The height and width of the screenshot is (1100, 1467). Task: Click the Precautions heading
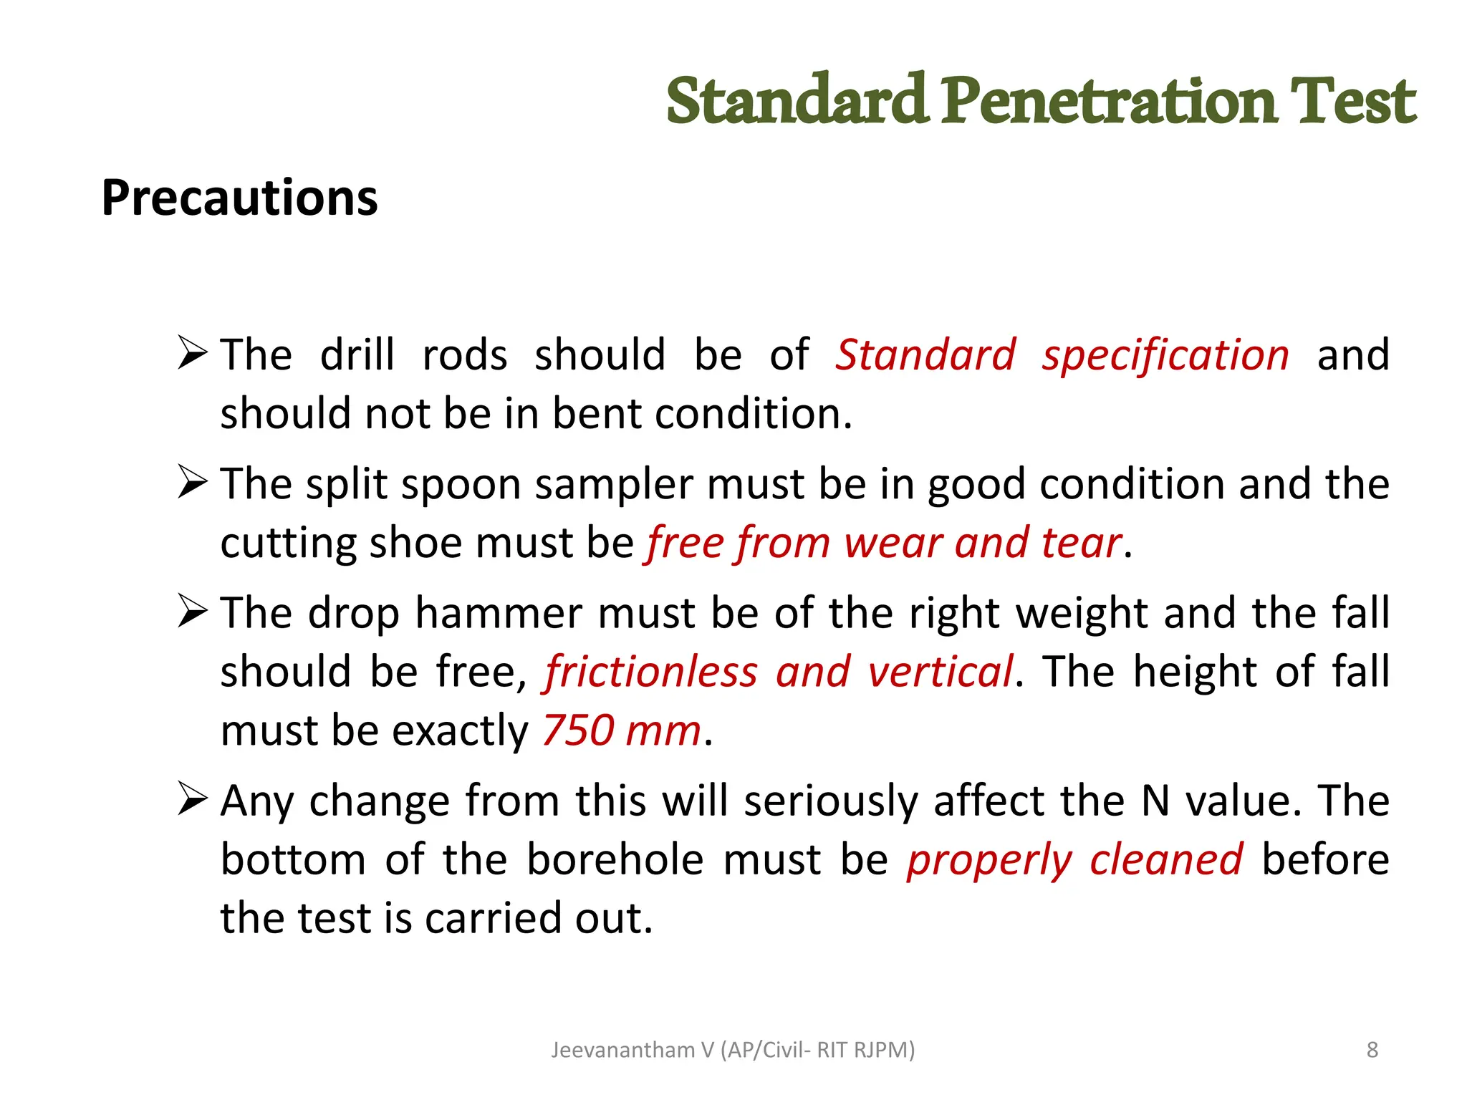[x=239, y=198]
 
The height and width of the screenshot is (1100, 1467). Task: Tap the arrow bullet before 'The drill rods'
[x=193, y=353]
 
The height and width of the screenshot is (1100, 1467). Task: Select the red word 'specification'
[x=1165, y=356]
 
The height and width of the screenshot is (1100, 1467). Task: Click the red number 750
[x=578, y=730]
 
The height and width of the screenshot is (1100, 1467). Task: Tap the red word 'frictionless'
[x=650, y=672]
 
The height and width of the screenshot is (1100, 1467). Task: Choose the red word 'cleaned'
[x=1165, y=859]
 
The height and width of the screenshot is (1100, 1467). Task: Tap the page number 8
[x=1372, y=1050]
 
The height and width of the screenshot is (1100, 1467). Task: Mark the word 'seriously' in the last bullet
[x=830, y=801]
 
